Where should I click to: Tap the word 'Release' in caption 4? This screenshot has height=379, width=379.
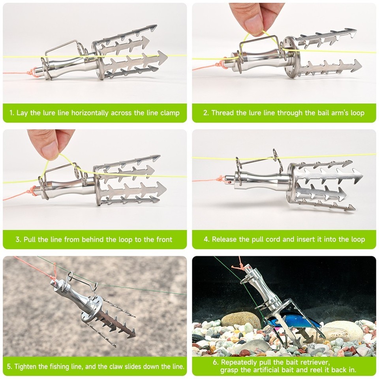tap(225, 239)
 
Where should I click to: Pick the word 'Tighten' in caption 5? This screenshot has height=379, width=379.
tap(27, 366)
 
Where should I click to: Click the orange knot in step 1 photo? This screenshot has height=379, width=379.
tap(31, 72)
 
